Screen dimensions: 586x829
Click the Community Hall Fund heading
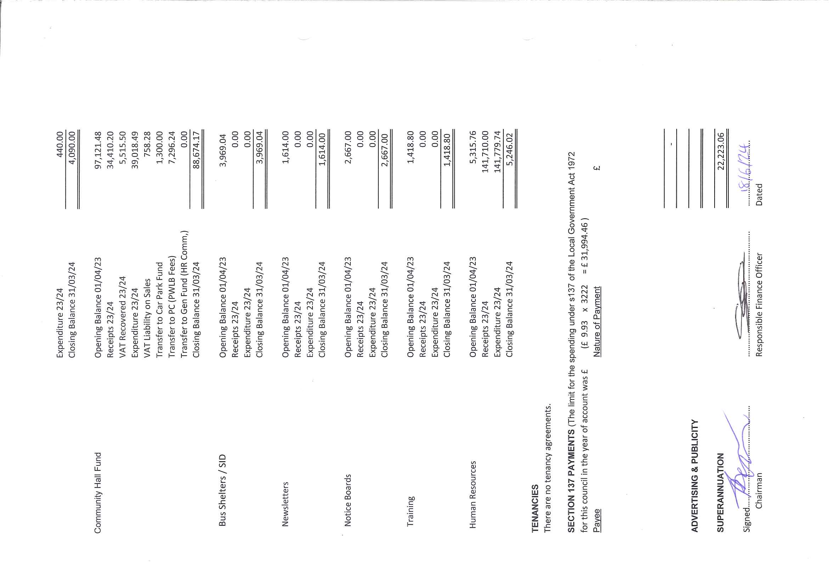pos(98,493)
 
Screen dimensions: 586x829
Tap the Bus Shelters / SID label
pos(222,490)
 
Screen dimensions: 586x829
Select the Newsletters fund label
pos(285,504)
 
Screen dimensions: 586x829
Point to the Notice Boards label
pos(348,500)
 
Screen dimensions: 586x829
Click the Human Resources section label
pos(473,495)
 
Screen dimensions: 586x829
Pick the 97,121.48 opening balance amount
pos(98,150)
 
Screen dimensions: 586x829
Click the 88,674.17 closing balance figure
pos(196,150)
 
